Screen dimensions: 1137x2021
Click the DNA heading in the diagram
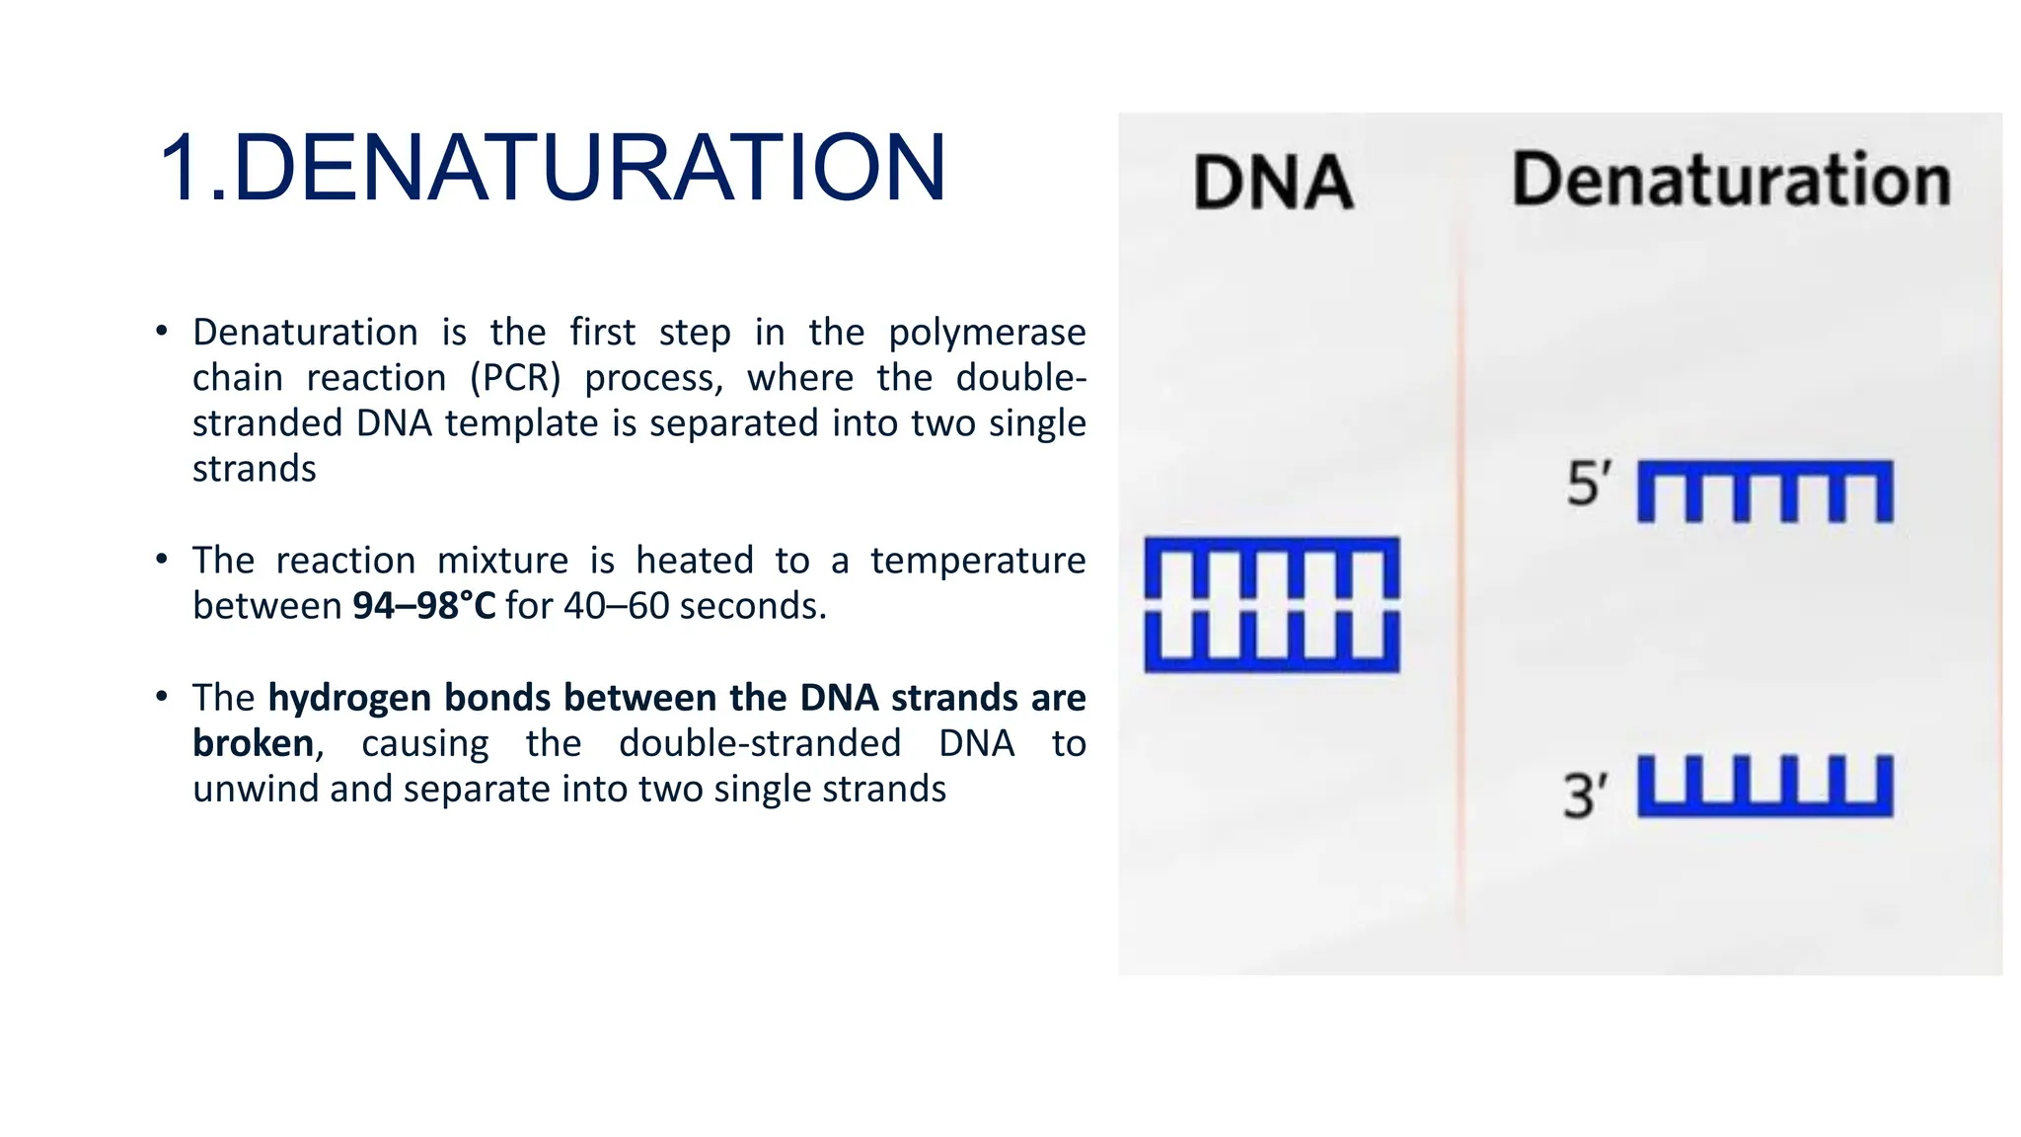[x=1273, y=183]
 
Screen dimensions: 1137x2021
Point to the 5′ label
[x=1589, y=485]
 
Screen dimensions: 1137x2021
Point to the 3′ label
[x=1585, y=796]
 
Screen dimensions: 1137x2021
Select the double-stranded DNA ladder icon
[x=1271, y=605]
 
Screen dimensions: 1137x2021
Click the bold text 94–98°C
[x=424, y=606]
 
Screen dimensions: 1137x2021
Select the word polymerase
[x=987, y=334]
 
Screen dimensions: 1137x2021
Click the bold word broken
[x=254, y=743]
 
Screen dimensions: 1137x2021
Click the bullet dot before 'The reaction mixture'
[x=162, y=560]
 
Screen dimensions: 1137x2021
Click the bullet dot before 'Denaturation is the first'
[x=162, y=331]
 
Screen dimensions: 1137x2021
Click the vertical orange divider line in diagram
[x=1461, y=592]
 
